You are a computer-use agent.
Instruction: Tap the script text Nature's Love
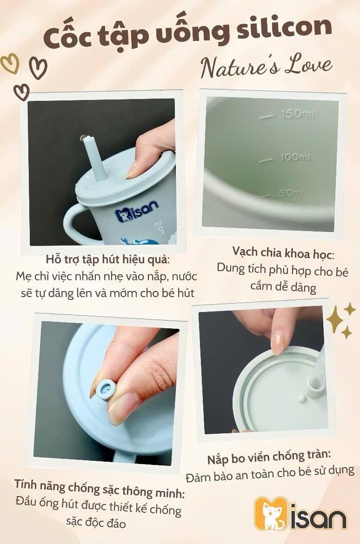tap(266, 66)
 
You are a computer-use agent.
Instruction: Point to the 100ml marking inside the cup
tap(295, 157)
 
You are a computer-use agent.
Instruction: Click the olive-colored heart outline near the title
tap(10, 64)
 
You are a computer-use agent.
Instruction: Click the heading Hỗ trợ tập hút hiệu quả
tap(107, 259)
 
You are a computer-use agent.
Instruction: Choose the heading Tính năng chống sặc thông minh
tap(99, 488)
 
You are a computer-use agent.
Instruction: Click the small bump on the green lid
tap(302, 398)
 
